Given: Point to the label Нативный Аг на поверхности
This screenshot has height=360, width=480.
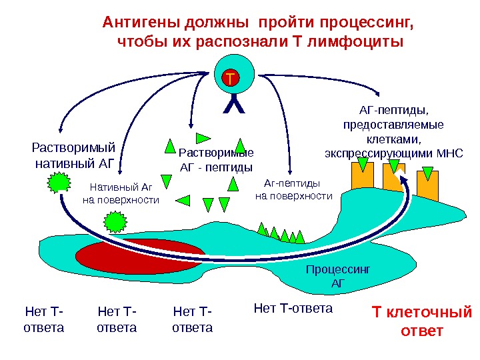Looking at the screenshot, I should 121,193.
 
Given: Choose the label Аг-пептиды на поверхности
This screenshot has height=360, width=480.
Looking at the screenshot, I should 293,189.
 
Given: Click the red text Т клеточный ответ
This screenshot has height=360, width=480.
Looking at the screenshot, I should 421,321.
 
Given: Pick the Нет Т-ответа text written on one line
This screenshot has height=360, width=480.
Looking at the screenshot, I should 293,308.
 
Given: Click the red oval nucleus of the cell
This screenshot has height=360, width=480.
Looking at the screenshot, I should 140,256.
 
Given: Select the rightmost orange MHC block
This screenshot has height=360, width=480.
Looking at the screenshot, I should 427,184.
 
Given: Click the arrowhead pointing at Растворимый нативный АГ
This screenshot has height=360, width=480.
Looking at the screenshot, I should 60,128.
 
